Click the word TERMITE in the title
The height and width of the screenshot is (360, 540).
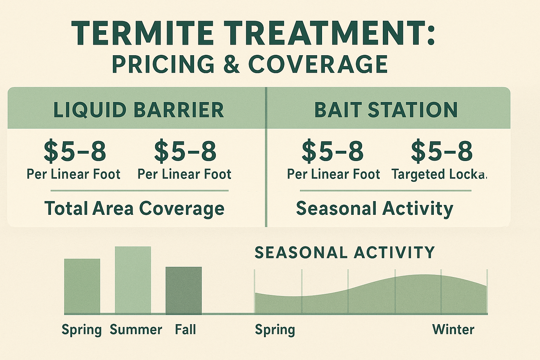142,33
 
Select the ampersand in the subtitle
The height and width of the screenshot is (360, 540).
231,64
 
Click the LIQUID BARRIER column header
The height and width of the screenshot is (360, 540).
139,110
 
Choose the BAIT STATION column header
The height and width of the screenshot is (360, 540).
386,110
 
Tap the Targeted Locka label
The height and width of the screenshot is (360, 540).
439,174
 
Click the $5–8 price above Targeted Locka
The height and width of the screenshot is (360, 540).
442,151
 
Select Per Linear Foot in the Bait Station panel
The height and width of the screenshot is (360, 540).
334,174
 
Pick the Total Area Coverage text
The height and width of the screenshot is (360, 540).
134,208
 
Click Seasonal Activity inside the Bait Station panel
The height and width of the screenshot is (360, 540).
374,208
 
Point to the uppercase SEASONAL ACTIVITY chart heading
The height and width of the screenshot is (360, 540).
345,252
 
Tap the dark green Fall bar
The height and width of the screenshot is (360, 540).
184,290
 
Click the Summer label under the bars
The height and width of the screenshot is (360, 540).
136,330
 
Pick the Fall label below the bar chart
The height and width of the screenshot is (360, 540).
185,330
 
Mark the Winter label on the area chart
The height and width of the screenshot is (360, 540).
453,330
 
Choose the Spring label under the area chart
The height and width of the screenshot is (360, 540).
275,330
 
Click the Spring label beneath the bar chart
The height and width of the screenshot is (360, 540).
82,330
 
